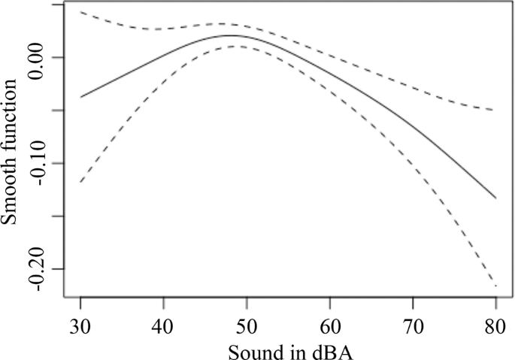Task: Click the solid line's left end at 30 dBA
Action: (x=80, y=96)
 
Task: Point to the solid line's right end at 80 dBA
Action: (x=495, y=198)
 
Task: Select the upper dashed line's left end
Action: (x=80, y=12)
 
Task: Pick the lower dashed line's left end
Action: (x=80, y=181)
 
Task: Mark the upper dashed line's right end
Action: (x=495, y=110)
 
